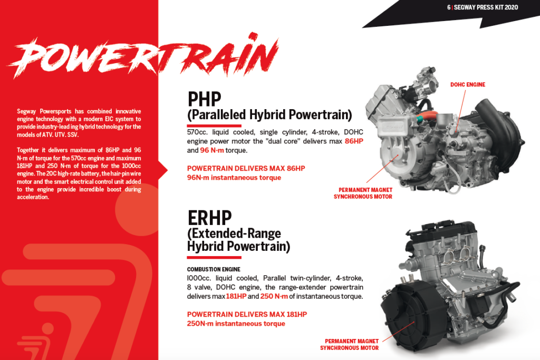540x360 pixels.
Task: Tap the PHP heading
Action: (204, 99)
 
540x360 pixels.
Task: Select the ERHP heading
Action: (209, 218)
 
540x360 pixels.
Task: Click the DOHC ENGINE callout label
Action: (468, 85)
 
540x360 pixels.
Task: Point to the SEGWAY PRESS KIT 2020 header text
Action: (486, 7)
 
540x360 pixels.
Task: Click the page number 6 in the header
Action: (449, 7)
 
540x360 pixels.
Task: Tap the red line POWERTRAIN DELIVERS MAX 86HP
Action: (246, 168)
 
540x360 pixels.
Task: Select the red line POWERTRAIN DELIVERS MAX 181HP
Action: (247, 314)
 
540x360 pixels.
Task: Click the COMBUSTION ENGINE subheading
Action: (214, 269)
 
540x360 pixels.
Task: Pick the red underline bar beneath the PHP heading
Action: (214, 125)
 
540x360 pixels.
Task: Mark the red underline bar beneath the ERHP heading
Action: (214, 257)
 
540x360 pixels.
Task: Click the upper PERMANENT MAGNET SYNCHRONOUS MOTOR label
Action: (363, 193)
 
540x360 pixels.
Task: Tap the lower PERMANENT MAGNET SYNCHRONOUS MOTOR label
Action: (350, 345)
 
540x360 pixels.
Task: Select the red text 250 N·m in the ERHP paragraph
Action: (274, 296)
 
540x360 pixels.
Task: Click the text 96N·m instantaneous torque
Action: (234, 178)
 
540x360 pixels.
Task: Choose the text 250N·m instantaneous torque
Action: (236, 324)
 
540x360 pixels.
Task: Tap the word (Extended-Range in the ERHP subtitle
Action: (234, 233)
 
